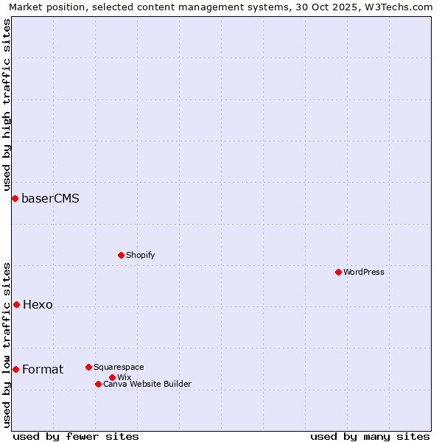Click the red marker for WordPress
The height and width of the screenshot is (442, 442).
tap(338, 272)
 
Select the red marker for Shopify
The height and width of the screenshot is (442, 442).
tap(121, 255)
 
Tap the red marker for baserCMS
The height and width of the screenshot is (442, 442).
tap(15, 198)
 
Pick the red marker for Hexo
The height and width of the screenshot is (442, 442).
tap(16, 304)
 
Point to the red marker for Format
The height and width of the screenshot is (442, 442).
tap(15, 369)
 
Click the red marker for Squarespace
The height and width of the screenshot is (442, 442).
tap(88, 367)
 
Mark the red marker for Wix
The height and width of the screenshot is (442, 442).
tap(112, 377)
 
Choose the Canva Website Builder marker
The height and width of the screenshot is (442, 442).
tap(98, 384)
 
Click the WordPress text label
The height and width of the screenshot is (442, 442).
tap(364, 272)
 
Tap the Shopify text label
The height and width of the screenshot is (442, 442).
tap(140, 255)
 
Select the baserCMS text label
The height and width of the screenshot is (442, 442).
tap(50, 198)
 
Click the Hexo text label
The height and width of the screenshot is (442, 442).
tap(38, 304)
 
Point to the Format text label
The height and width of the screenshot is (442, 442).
tap(43, 369)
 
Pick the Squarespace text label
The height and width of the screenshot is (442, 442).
tap(119, 367)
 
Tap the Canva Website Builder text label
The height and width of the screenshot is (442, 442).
tap(147, 384)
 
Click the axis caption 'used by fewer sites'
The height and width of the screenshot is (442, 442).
tap(76, 436)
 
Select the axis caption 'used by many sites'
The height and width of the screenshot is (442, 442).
tap(370, 436)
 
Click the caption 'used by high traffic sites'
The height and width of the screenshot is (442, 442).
tap(7, 105)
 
